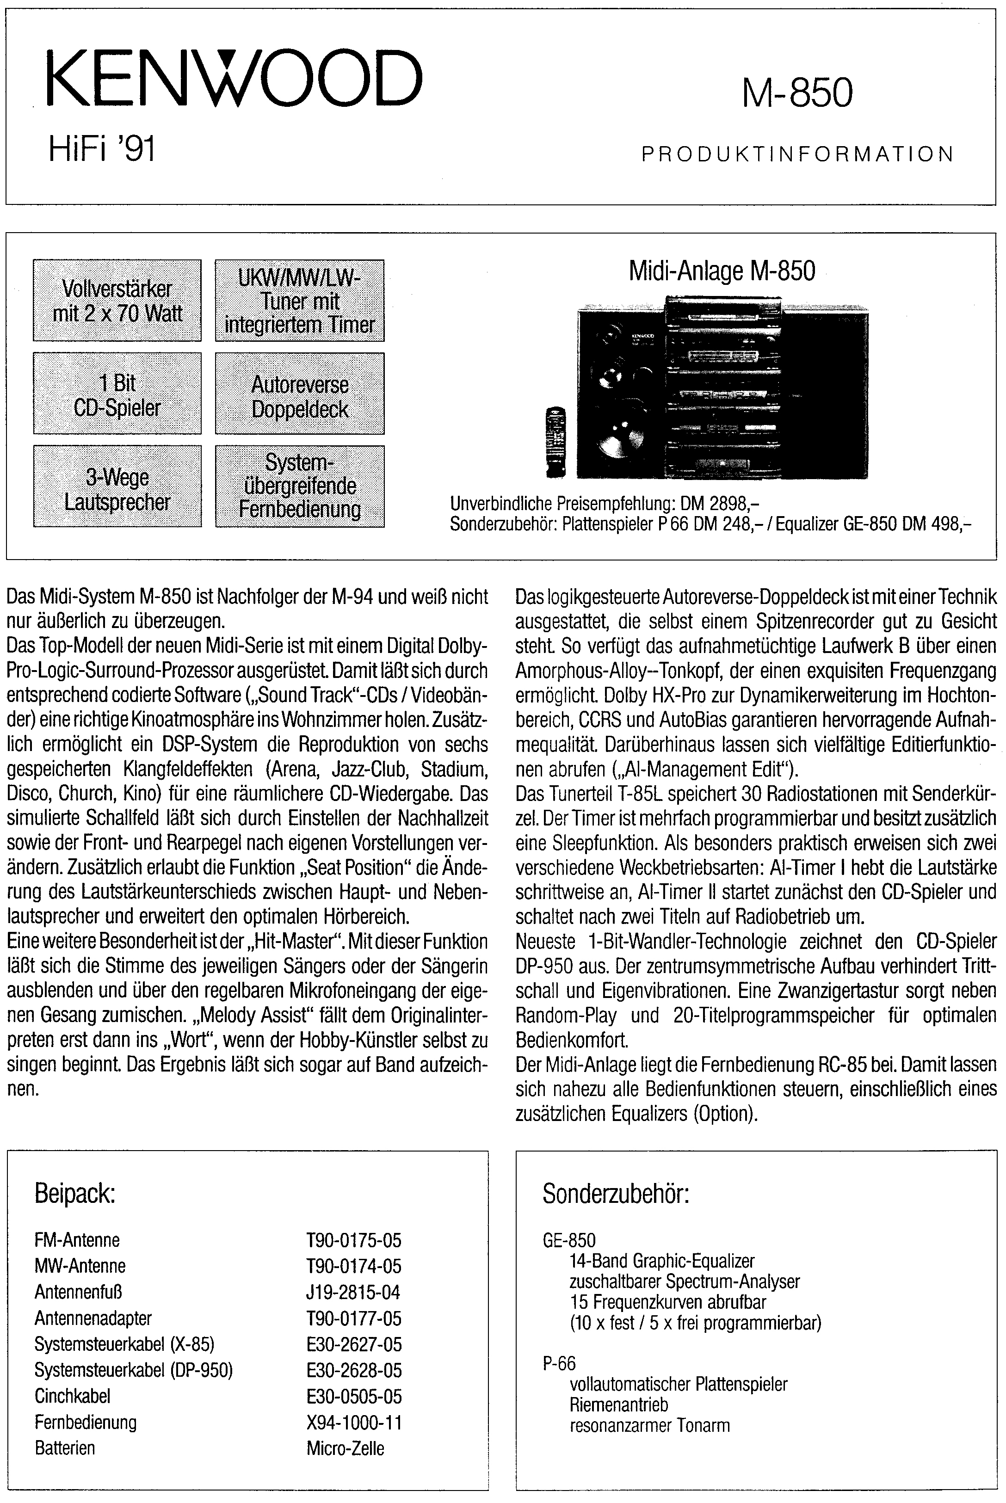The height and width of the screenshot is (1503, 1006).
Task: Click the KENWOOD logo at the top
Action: pyautogui.click(x=234, y=80)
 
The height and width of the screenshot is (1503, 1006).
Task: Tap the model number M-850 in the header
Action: pyautogui.click(x=797, y=93)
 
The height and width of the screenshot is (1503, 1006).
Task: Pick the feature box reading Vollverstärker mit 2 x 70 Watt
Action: pyautogui.click(x=117, y=300)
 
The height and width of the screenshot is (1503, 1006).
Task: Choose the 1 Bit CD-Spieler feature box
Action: pyautogui.click(x=117, y=394)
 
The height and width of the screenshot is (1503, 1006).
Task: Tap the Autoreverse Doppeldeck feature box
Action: pyautogui.click(x=300, y=394)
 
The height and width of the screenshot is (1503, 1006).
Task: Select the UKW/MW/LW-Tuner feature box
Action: pyautogui.click(x=300, y=300)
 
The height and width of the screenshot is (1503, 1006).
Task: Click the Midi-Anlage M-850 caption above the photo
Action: pyautogui.click(x=722, y=271)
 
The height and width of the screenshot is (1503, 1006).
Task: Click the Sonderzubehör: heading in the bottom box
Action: pyautogui.click(x=615, y=1195)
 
